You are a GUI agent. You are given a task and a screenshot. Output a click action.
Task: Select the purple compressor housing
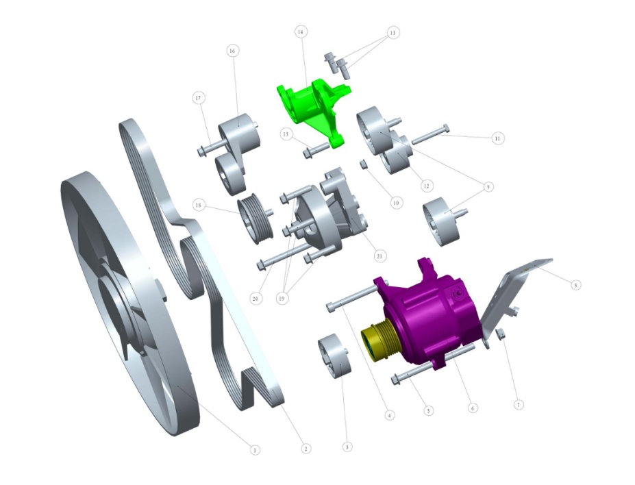(432, 315)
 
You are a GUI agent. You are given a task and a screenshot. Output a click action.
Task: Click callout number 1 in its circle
(255, 450)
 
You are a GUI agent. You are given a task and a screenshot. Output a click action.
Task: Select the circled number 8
(575, 284)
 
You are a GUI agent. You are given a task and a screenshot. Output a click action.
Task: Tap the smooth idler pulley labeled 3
(334, 356)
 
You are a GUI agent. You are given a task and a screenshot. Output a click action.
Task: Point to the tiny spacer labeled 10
(365, 164)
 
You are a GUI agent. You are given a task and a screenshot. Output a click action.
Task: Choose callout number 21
(379, 256)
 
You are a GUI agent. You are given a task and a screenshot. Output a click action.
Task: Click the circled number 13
(393, 33)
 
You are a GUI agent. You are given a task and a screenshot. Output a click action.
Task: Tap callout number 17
(199, 99)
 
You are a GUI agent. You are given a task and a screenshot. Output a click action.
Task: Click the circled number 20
(256, 299)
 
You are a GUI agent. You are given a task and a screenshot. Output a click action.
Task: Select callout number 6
(472, 407)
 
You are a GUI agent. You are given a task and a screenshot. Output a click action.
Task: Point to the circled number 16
(233, 51)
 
